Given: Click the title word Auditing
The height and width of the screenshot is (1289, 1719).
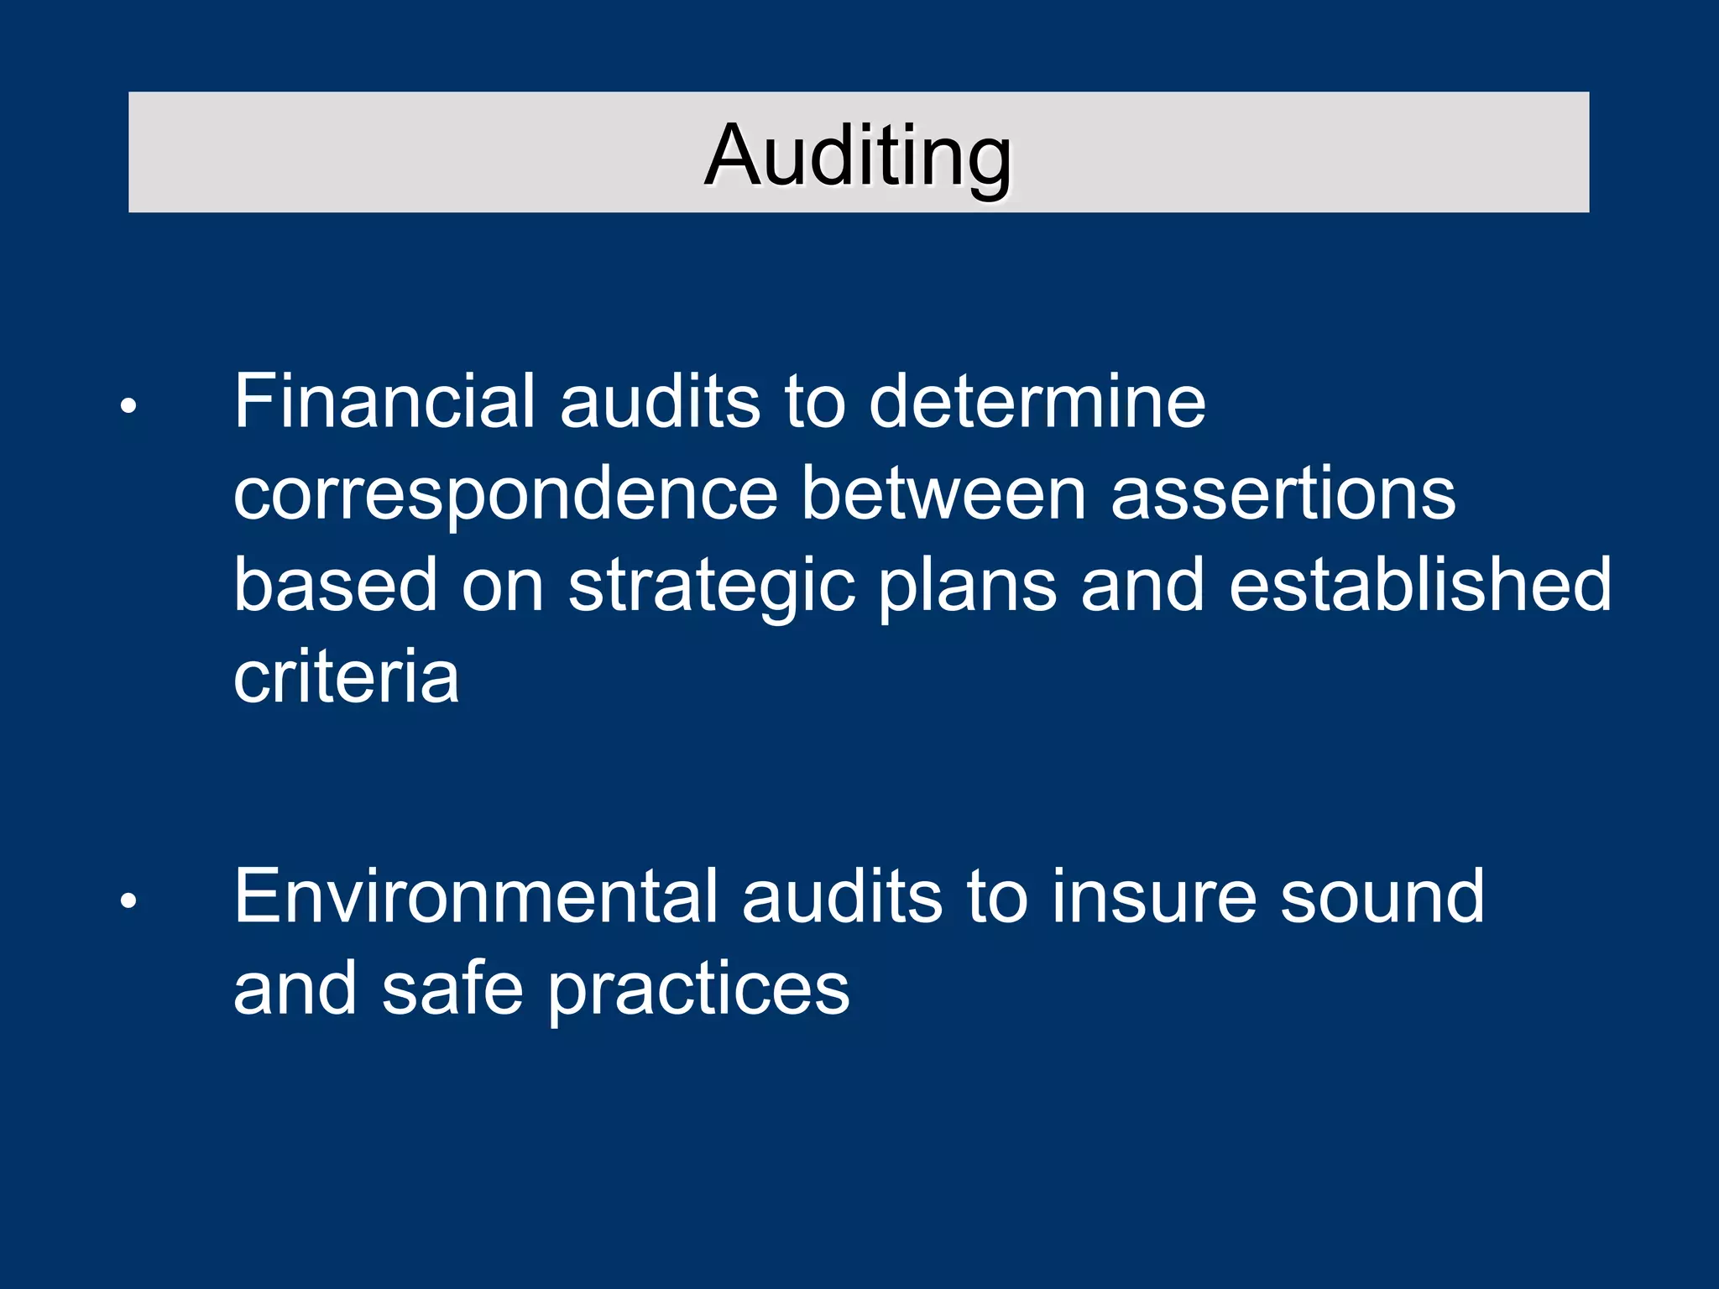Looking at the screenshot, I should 859,155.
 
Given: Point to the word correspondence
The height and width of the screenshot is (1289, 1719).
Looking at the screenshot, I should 505,495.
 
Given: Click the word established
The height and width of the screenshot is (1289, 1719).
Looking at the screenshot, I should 1420,585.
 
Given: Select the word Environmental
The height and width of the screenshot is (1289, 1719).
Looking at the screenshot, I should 476,896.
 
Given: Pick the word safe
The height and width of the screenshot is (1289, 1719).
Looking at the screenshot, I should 453,989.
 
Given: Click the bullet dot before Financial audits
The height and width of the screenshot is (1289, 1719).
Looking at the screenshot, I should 128,407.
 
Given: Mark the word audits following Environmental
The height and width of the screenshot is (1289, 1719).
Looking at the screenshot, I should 842,896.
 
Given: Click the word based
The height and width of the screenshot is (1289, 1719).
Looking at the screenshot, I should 335,585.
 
